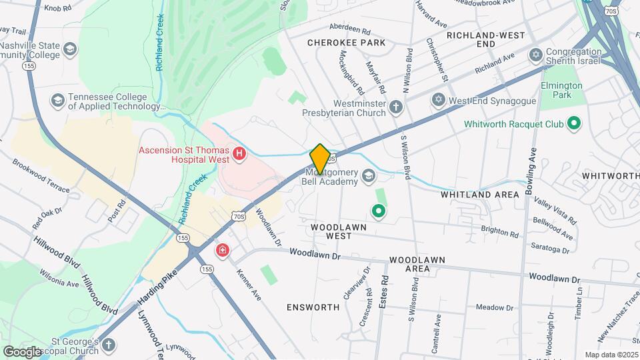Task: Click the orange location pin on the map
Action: pyautogui.click(x=320, y=159)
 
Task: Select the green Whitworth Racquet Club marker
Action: pyautogui.click(x=573, y=124)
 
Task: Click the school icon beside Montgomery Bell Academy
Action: pyautogui.click(x=369, y=177)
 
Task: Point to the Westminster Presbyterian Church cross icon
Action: pyautogui.click(x=396, y=107)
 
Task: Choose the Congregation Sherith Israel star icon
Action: pyautogui.click(x=535, y=53)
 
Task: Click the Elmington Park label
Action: pyautogui.click(x=562, y=90)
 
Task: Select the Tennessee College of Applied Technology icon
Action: pyautogui.click(x=57, y=101)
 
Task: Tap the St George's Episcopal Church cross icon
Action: pyautogui.click(x=108, y=345)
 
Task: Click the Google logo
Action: pyautogui.click(x=23, y=351)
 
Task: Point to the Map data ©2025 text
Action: pyautogui.click(x=611, y=355)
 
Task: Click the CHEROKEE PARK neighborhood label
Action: pyautogui.click(x=346, y=43)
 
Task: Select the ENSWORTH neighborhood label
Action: pyautogui.click(x=313, y=307)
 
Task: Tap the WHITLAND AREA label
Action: pyautogui.click(x=479, y=195)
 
